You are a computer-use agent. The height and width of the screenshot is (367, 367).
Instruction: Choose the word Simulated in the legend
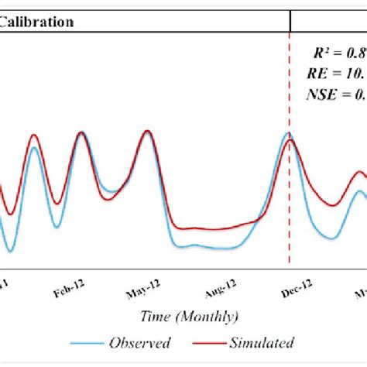[261, 342]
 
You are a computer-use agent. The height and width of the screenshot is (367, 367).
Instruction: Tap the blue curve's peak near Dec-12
[287, 134]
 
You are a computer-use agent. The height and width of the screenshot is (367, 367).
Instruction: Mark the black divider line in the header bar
[290, 21]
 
